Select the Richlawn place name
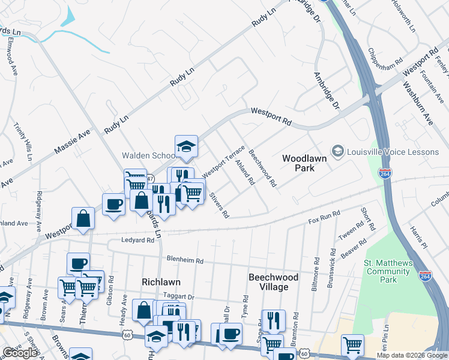161,281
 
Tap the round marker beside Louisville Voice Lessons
338,151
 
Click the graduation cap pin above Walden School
186,146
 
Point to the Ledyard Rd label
137,240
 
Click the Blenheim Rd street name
186,261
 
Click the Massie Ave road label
72,140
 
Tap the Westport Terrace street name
224,161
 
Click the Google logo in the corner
20,353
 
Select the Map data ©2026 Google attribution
411,355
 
